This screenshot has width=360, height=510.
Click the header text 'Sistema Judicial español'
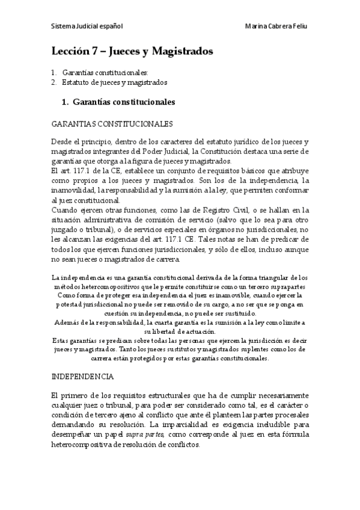pyautogui.click(x=87, y=27)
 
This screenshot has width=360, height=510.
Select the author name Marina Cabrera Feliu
pyautogui.click(x=277, y=27)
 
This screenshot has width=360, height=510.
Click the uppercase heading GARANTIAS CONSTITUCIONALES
pyautogui.click(x=112, y=124)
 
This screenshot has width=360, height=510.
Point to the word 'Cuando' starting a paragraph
pyautogui.click(x=65, y=209)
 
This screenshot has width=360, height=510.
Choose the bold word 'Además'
pyautogui.click(x=67, y=322)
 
